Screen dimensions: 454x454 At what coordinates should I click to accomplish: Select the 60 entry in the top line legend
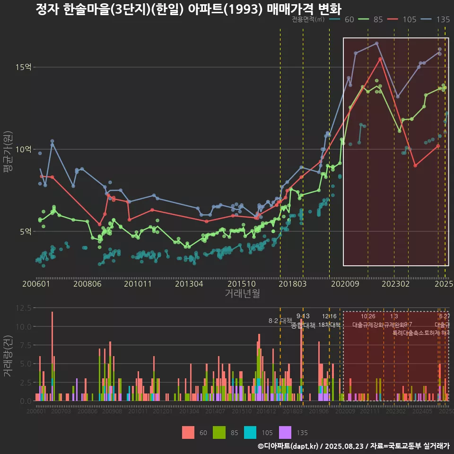342,19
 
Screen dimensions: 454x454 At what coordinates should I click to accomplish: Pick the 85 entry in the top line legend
371,19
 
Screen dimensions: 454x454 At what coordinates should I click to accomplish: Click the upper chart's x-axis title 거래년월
242,294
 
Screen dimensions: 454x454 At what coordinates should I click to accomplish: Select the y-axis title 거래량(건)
8,356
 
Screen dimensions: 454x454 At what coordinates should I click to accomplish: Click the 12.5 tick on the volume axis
24,308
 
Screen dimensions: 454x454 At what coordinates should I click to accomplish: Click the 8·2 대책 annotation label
280,321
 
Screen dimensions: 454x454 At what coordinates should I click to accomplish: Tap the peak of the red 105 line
380,59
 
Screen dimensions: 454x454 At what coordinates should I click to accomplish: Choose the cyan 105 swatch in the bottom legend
250,432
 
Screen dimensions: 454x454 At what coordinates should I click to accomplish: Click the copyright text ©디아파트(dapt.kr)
289,446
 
